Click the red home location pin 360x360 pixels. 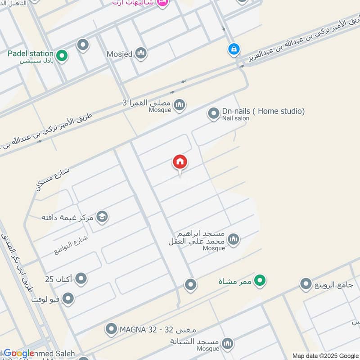(180, 162)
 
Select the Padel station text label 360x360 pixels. (31, 54)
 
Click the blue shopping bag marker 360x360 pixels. (233, 49)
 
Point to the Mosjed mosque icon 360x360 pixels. (141, 54)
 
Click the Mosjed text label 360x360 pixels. (119, 54)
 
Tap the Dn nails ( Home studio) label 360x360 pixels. (263, 111)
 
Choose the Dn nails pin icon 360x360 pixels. (213, 114)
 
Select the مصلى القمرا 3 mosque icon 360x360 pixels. (180, 105)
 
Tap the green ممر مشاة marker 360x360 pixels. (259, 282)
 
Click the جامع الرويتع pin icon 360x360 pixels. (306, 284)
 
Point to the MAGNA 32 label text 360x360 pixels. (157, 330)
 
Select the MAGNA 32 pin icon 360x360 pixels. (111, 330)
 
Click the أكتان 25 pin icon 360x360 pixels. (81, 279)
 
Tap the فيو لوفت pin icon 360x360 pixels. (68, 298)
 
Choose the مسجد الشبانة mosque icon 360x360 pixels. (228, 344)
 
